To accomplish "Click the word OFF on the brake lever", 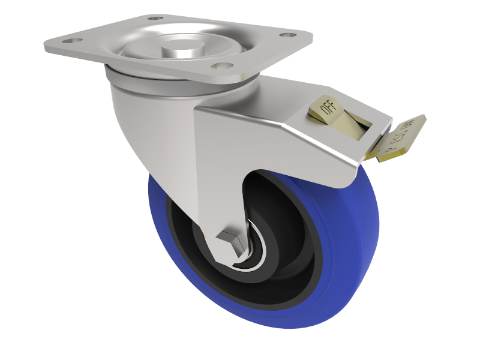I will click(328, 108).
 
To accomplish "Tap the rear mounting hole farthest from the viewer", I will click(157, 19).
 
